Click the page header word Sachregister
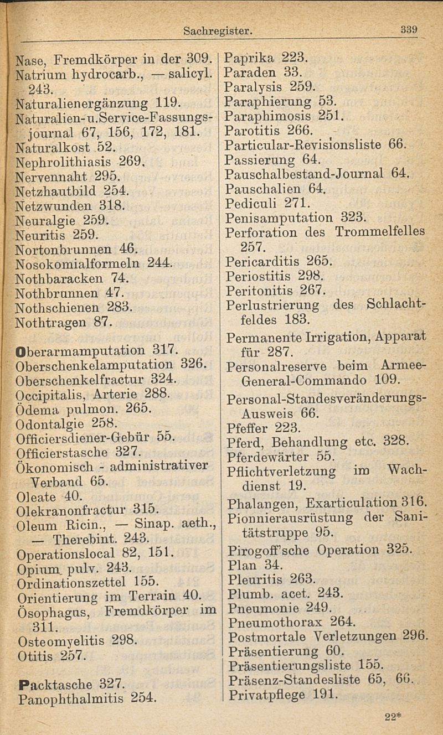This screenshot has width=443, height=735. pos(218,33)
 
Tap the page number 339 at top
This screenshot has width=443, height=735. pos(411,30)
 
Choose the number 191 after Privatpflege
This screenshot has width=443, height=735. pos(324,694)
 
